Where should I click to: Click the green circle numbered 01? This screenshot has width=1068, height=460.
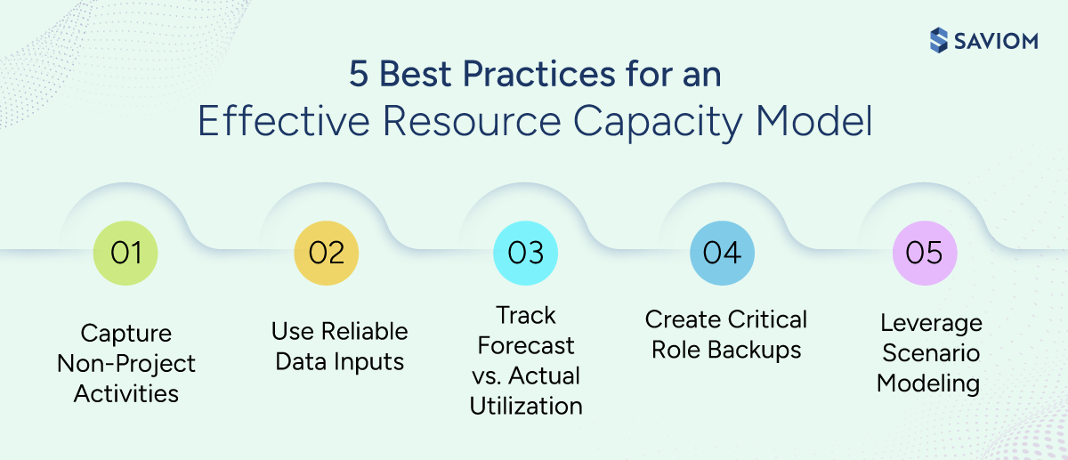[x=125, y=253]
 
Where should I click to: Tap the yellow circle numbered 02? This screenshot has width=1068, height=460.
[x=326, y=253]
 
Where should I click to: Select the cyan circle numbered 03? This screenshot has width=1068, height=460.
[x=525, y=253]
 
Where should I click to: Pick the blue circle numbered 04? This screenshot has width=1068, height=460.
[x=722, y=253]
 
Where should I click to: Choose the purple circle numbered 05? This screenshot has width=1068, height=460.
[x=924, y=253]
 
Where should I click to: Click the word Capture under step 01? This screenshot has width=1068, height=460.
[x=125, y=334]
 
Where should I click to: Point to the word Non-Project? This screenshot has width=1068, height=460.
[x=125, y=363]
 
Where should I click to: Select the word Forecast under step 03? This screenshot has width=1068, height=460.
[x=526, y=345]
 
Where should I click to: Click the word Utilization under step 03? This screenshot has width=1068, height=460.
[x=526, y=406]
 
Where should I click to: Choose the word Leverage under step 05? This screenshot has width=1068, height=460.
[x=931, y=323]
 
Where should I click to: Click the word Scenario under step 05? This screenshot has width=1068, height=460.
[x=931, y=353]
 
